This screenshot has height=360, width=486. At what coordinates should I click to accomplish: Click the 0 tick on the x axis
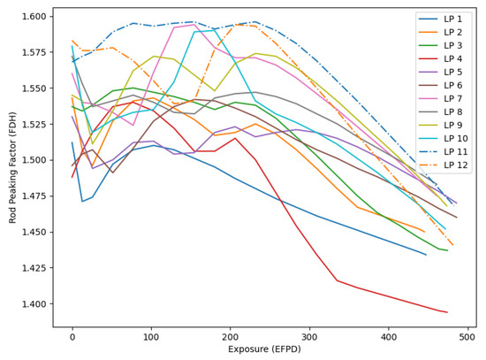[x=72, y=337]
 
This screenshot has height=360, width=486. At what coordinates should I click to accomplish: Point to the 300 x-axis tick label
[x=309, y=337]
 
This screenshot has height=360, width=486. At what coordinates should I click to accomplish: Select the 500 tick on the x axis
[x=467, y=337]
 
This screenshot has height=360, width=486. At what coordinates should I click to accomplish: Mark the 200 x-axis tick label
[x=231, y=337]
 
